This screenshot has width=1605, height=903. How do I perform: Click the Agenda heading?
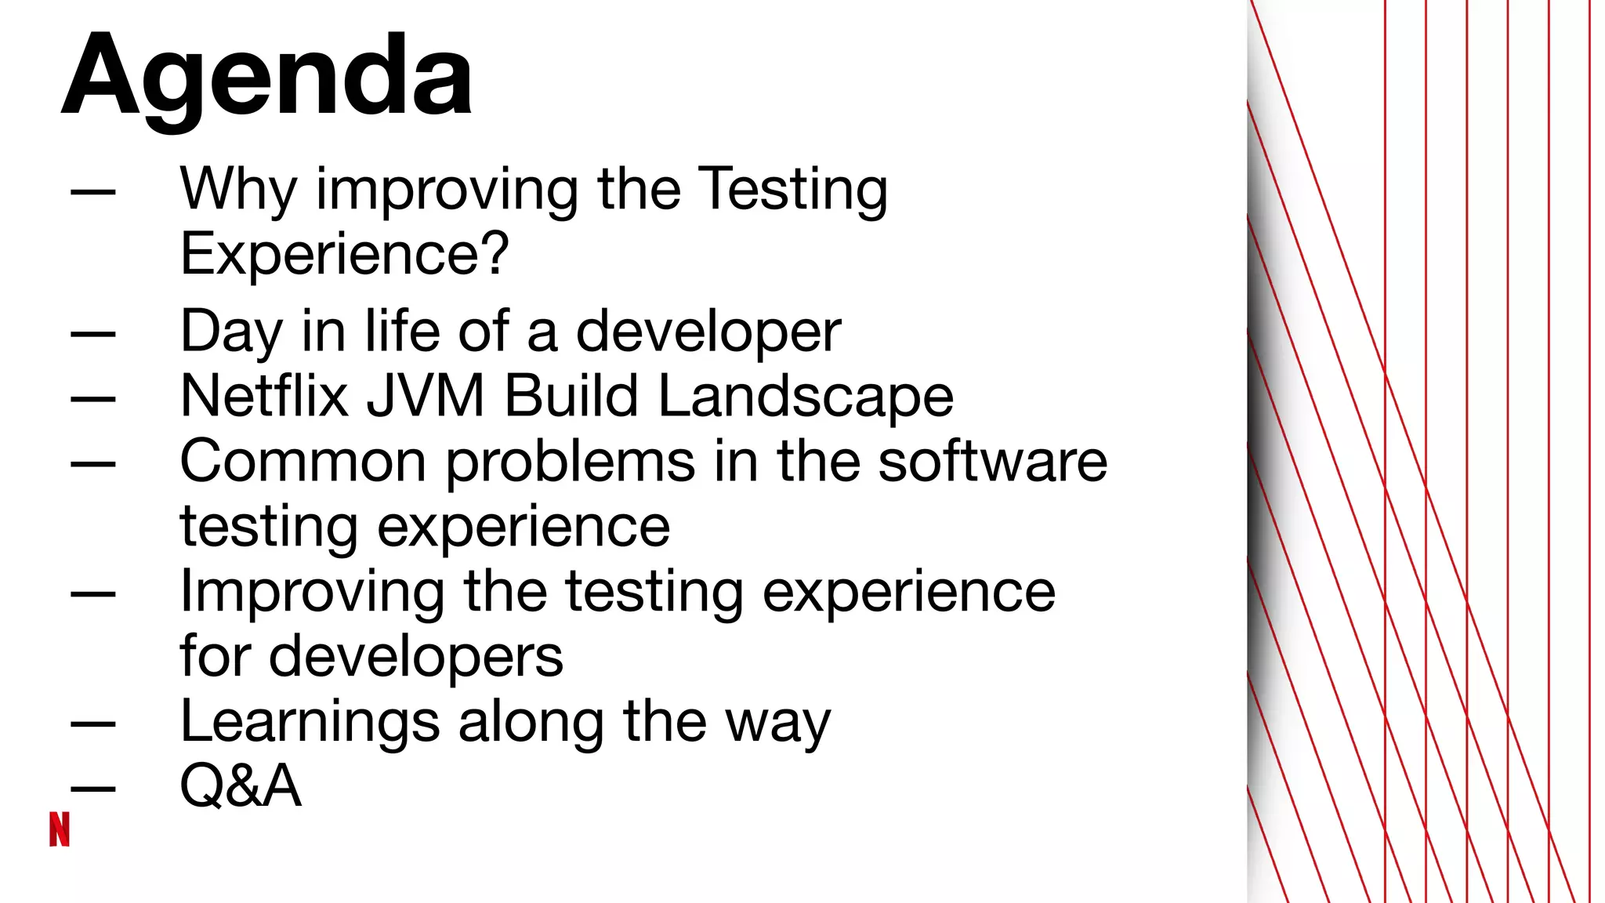tap(266, 77)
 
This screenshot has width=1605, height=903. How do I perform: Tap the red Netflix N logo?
tap(60, 829)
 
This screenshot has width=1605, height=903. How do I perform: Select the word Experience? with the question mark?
tap(345, 254)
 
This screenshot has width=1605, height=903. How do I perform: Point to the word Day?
tap(231, 332)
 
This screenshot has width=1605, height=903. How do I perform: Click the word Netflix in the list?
tap(264, 396)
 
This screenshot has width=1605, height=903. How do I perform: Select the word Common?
tap(303, 461)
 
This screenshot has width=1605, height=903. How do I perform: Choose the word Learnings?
tap(310, 723)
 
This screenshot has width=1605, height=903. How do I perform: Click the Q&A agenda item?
tap(241, 785)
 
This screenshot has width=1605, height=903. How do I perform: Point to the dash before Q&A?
tap(93, 788)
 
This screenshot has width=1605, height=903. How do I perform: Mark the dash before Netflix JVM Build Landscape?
tap(93, 398)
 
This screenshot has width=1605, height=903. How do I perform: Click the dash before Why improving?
tap(93, 190)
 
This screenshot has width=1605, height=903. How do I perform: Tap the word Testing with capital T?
tap(792, 190)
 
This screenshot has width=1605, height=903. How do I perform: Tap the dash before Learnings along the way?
tap(93, 723)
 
